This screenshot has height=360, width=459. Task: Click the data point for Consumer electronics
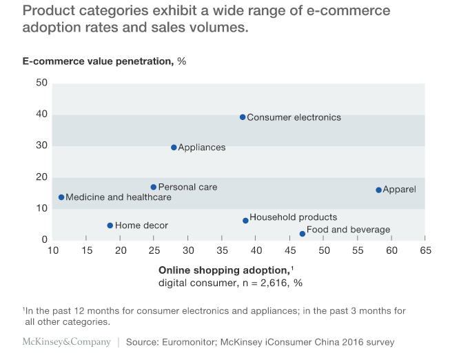pos(243,117)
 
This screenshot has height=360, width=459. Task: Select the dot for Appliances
pos(174,148)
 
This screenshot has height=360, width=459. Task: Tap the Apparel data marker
pos(378,190)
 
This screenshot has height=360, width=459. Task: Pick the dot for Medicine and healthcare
pos(61,197)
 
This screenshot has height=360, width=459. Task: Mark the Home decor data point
pos(110,226)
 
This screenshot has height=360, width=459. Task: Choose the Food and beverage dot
pos(302,234)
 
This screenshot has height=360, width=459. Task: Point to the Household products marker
pos(245,221)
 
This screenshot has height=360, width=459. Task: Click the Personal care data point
pos(154,187)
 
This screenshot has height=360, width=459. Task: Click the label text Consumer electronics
pos(294,117)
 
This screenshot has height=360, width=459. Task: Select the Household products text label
pos(293,217)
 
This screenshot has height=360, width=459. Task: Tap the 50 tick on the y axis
pos(41,83)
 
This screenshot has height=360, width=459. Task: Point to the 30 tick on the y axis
pos(41,146)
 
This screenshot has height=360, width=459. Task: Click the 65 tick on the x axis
pos(425,250)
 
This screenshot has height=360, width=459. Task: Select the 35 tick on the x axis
pos(222,250)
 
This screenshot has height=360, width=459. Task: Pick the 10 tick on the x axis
pos(52,250)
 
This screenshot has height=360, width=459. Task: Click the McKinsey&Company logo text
pos(66,341)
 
